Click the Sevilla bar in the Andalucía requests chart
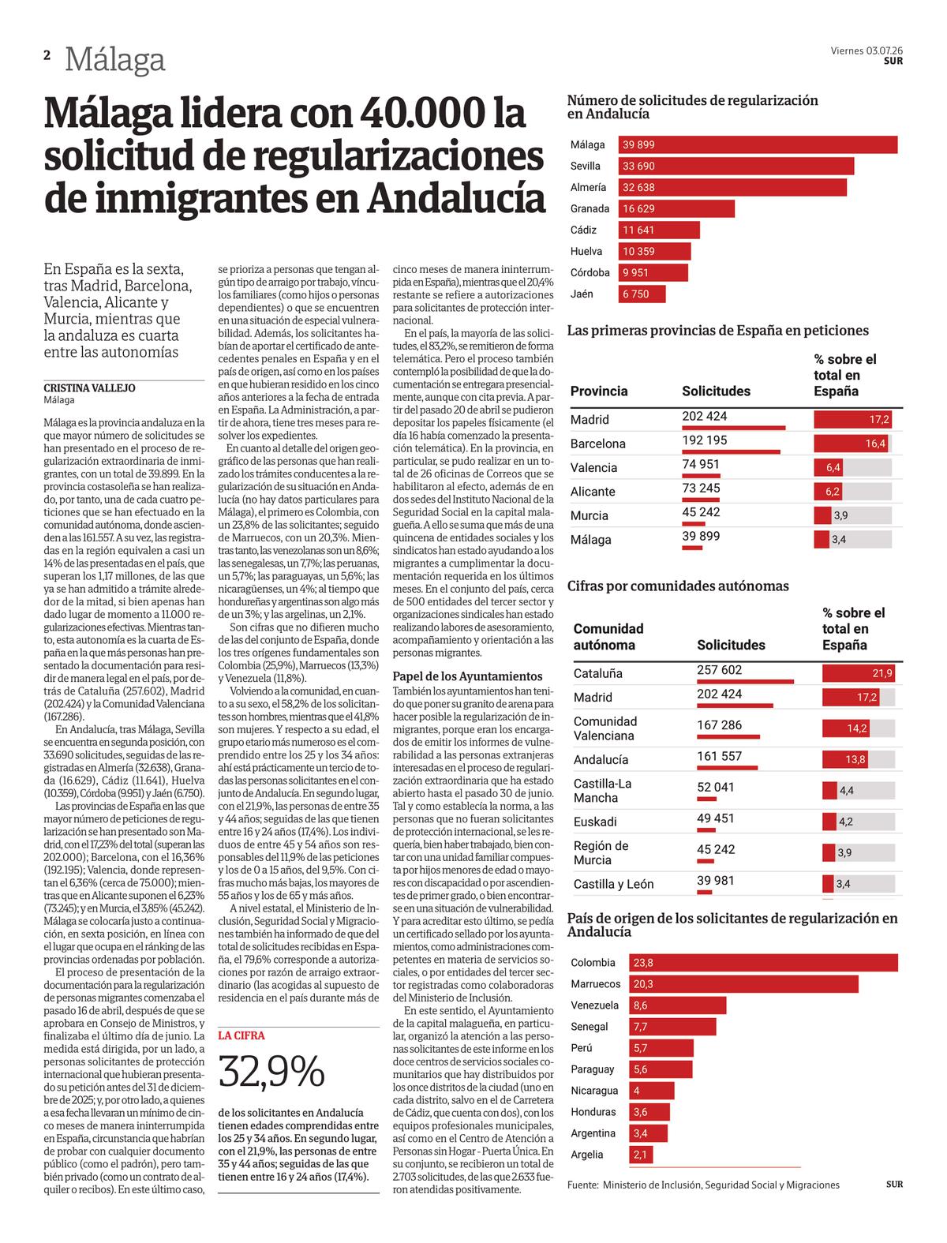[736, 166]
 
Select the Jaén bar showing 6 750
[642, 294]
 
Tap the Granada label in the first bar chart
[590, 209]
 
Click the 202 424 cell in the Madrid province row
[704, 416]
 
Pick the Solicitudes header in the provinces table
[716, 391]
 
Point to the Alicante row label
[593, 492]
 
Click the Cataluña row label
[597, 673]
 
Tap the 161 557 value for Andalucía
[719, 756]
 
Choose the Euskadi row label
[595, 822]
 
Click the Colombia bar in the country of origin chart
[763, 963]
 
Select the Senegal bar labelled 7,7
[672, 1027]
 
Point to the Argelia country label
[586, 1155]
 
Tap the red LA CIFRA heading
[241, 1035]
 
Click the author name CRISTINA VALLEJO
[89, 388]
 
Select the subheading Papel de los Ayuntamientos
[467, 676]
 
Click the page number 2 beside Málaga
[47, 55]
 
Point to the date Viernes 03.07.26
[867, 51]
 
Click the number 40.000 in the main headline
[423, 114]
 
